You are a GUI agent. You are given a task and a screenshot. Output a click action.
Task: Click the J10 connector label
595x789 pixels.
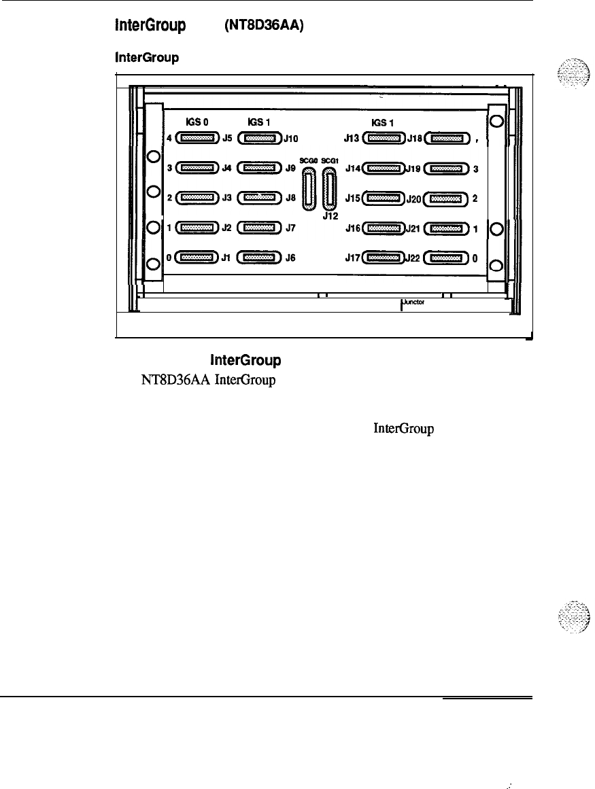click(290, 139)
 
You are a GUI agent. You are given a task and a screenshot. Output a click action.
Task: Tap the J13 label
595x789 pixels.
click(352, 139)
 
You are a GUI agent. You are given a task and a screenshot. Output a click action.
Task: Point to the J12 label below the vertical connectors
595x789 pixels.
click(330, 216)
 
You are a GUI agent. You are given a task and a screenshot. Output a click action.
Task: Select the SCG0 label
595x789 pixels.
click(310, 160)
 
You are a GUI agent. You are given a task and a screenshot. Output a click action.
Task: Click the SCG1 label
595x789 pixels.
click(330, 160)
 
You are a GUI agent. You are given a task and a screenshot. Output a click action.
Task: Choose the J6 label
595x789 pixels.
click(290, 258)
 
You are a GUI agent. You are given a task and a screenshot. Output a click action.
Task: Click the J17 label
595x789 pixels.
click(352, 257)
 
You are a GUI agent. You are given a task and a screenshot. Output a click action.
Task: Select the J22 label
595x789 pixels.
click(414, 257)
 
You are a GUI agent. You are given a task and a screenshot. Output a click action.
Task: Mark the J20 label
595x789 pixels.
click(414, 199)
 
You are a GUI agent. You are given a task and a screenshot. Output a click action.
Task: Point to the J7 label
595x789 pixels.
click(290, 229)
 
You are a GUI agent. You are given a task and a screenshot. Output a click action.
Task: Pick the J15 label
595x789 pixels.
click(352, 198)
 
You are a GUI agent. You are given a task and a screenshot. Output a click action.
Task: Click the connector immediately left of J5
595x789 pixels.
click(197, 138)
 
